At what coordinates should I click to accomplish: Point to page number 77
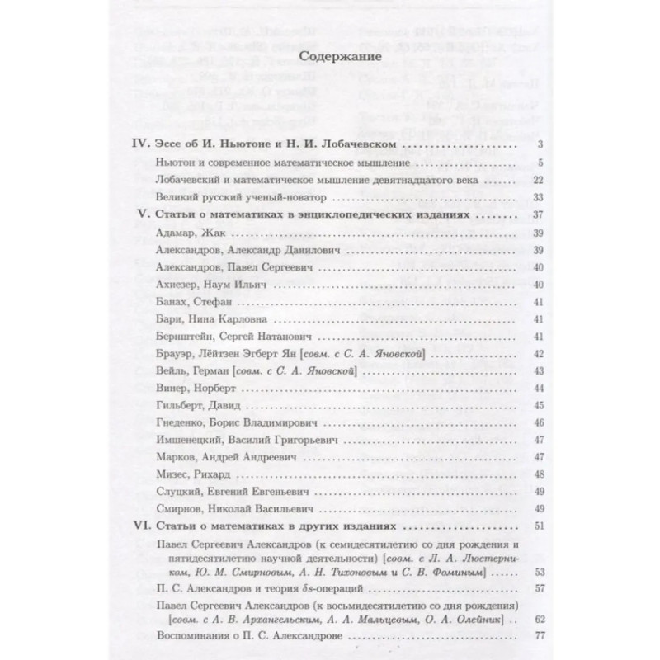point(515,636)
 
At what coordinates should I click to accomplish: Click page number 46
point(515,423)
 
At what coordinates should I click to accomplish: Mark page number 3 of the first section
point(517,145)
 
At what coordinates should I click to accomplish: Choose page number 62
point(515,619)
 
